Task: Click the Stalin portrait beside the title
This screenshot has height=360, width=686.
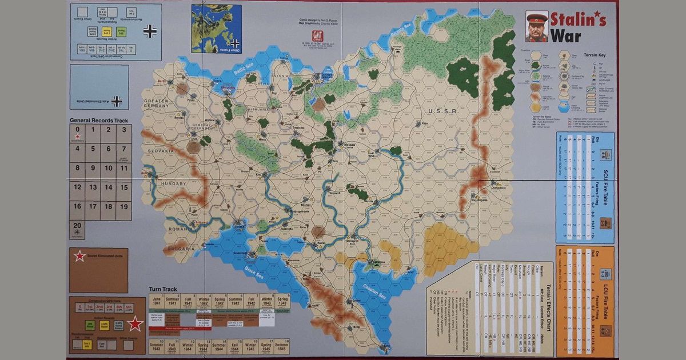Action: [536, 27]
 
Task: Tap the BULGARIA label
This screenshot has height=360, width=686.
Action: [182, 249]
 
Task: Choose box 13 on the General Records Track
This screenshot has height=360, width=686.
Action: [93, 187]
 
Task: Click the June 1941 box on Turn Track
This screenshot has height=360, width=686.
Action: [156, 301]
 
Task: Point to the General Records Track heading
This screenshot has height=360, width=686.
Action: [98, 121]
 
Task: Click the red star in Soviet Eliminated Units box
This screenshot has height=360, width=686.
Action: [79, 257]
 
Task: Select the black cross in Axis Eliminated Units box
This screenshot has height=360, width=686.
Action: [117, 101]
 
